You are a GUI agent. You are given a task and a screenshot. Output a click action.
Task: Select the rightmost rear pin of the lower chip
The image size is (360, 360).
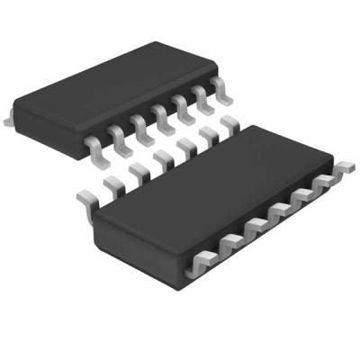(229, 131)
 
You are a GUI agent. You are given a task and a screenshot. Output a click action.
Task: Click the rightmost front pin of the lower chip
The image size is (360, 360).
(343, 170)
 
